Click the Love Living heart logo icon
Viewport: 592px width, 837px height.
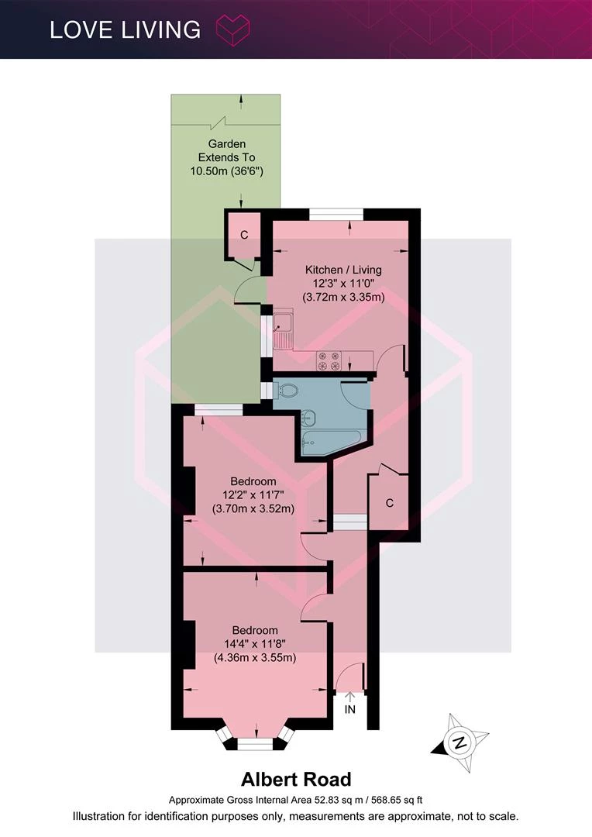pos(232,29)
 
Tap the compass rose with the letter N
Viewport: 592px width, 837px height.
pos(459,742)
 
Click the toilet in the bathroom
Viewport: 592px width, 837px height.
pos(286,390)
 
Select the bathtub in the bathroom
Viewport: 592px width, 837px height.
pos(331,443)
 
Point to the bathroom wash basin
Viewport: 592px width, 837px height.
pos(308,418)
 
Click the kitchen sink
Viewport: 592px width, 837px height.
pos(283,329)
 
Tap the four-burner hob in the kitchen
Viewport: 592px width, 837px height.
pos(329,360)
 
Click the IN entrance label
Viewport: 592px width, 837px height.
pos(349,709)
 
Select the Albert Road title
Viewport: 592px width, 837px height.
pos(296,780)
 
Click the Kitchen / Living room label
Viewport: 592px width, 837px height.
pos(343,270)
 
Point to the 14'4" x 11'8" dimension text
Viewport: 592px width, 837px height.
pos(255,644)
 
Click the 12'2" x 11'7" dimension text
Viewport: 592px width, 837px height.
pos(253,494)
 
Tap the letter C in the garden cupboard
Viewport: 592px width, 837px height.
pos(244,235)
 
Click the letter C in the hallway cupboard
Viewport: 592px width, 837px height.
pos(390,503)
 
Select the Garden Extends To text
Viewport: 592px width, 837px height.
pos(227,150)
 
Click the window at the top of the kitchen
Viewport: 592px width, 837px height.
pos(336,214)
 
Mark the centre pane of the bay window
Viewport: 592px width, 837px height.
pos(255,744)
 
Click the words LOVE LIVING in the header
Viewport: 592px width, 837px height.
pos(125,30)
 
